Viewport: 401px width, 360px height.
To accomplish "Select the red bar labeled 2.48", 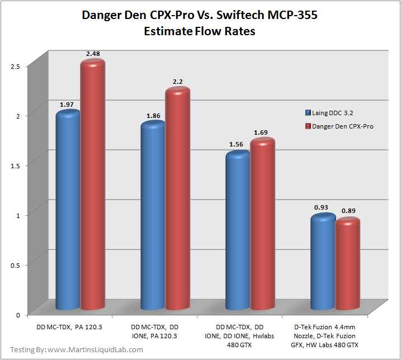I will click(x=93, y=184).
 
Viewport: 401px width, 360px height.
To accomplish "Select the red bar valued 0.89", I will click(x=348, y=264).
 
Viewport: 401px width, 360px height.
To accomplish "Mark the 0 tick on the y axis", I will click(x=18, y=315).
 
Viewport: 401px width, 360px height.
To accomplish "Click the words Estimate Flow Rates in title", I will click(x=200, y=32).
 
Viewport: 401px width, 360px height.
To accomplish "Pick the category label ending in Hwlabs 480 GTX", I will click(x=239, y=334).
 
